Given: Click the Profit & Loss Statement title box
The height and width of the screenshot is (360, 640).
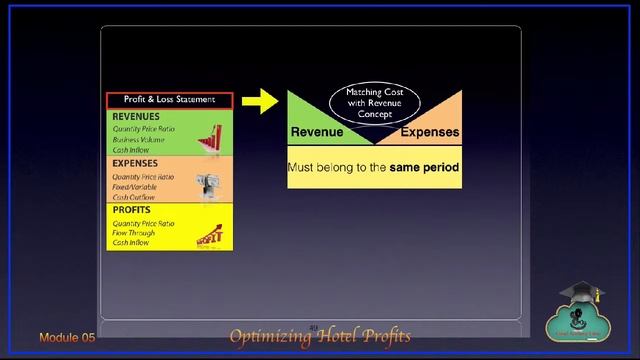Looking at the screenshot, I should [x=169, y=100].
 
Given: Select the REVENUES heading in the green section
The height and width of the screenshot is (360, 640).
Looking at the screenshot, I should [x=136, y=117].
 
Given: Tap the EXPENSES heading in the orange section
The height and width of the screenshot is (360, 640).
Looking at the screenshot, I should [x=135, y=163].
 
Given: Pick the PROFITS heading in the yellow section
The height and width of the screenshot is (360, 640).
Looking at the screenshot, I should [x=132, y=210].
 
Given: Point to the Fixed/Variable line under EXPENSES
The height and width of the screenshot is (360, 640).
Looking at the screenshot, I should [x=135, y=187].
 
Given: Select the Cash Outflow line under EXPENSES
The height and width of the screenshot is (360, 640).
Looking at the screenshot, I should [x=134, y=197].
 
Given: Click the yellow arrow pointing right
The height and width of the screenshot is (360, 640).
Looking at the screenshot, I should [x=260, y=100].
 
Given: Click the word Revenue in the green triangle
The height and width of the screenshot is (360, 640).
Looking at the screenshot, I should [x=317, y=133].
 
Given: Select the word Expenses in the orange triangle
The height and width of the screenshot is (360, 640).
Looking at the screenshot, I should [x=430, y=133].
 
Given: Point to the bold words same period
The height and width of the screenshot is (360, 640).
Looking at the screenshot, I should [x=425, y=168].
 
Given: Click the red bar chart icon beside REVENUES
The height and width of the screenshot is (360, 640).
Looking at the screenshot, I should [x=210, y=137].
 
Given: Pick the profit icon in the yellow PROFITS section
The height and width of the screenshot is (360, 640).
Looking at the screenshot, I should [x=210, y=236].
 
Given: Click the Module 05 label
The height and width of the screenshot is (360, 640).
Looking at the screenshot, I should [x=67, y=338].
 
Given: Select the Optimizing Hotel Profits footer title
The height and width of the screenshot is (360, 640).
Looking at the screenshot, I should [x=320, y=336].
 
